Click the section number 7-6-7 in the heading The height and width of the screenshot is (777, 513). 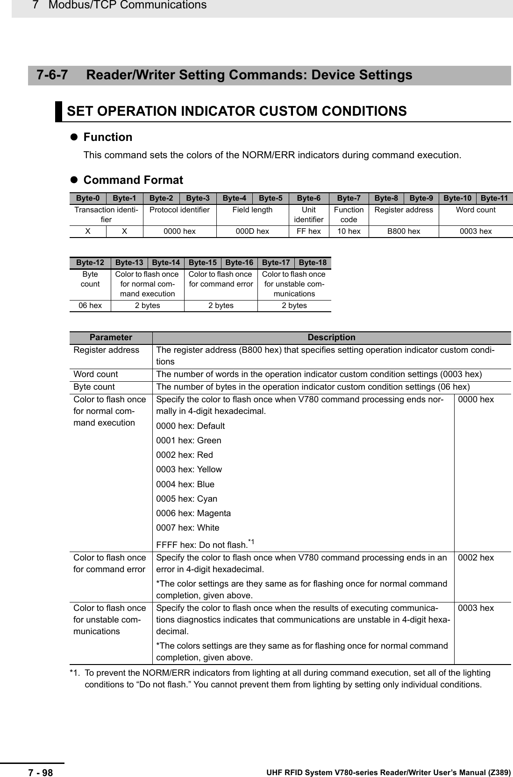[52, 75]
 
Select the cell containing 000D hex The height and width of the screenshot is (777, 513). [252, 231]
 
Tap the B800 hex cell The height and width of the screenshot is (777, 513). [403, 231]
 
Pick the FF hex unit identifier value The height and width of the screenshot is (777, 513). [308, 231]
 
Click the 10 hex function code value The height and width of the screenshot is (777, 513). [349, 231]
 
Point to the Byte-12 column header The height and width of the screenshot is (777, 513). [90, 263]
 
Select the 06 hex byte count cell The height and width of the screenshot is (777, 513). [90, 305]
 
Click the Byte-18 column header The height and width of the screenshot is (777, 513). [313, 263]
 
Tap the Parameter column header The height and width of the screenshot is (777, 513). [111, 337]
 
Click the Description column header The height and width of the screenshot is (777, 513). [331, 337]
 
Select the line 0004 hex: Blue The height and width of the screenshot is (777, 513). [185, 484]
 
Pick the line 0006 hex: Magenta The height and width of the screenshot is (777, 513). [193, 513]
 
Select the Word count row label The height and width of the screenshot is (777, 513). [96, 374]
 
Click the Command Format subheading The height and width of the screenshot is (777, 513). [133, 180]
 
